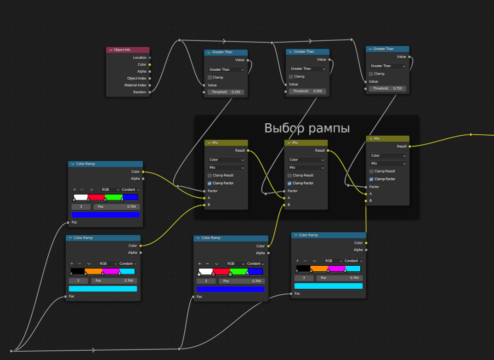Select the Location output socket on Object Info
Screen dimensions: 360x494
150,58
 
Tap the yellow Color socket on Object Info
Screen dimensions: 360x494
150,65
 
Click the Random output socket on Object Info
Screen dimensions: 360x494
150,92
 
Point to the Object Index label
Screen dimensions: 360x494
136,79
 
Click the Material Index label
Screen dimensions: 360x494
135,86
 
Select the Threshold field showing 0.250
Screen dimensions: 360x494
226,92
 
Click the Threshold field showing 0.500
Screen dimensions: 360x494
307,91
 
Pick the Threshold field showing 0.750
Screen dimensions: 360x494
387,88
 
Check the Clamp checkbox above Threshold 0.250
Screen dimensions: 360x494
210,78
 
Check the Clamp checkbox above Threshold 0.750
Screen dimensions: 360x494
371,74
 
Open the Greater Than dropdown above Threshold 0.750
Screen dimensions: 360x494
387,66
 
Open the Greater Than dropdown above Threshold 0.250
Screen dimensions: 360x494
226,70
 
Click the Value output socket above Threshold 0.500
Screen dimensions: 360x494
329,60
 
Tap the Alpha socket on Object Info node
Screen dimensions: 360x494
150,72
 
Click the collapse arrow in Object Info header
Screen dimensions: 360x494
110,50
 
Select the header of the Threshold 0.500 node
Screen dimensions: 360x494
307,52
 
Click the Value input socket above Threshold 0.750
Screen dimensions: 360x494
366,82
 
